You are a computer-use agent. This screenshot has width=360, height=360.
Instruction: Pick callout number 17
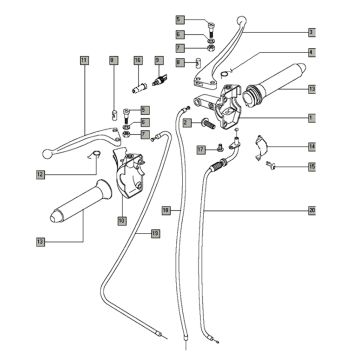coord(201,149)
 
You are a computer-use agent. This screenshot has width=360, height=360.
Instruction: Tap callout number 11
coord(83,61)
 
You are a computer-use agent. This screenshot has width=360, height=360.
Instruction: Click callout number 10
coord(121,220)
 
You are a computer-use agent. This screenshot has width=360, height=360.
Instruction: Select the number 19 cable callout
coord(156,233)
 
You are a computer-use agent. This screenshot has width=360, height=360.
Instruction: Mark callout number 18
coord(167,210)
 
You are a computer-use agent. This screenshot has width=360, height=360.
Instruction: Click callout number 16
coord(137,61)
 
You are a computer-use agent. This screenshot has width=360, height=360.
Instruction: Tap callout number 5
coord(180,19)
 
